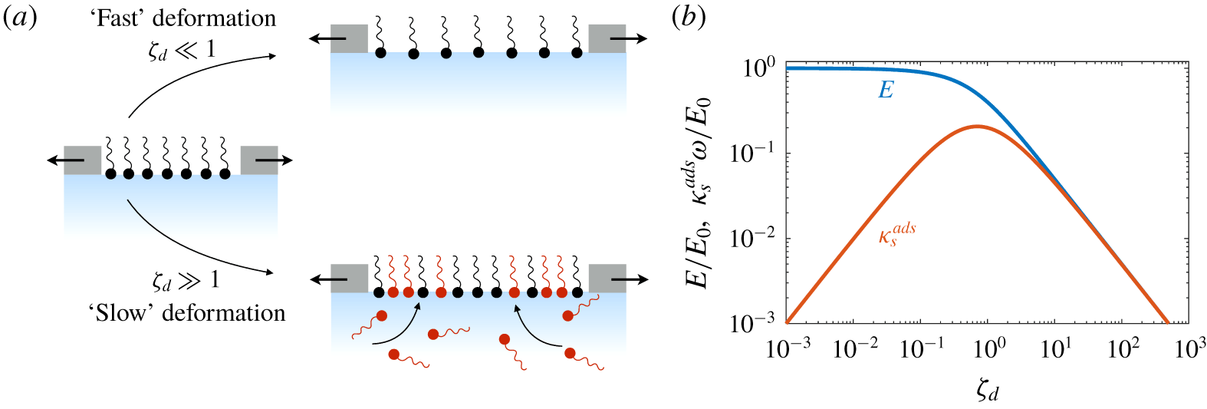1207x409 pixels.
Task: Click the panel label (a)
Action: point(20,18)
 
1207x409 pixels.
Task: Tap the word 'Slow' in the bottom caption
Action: point(121,313)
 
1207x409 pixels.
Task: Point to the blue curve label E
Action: point(886,91)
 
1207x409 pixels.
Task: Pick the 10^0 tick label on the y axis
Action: point(758,68)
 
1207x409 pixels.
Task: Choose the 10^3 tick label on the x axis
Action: point(1189,348)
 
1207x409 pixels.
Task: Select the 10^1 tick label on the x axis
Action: point(1056,348)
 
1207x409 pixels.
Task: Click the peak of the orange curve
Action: point(978,127)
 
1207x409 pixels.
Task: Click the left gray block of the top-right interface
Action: point(349,38)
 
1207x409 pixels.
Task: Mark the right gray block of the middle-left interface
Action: point(259,160)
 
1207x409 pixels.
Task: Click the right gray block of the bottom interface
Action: point(607,279)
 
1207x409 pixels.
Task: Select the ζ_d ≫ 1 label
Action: point(186,280)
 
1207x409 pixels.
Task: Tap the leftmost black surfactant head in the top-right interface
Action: point(380,54)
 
